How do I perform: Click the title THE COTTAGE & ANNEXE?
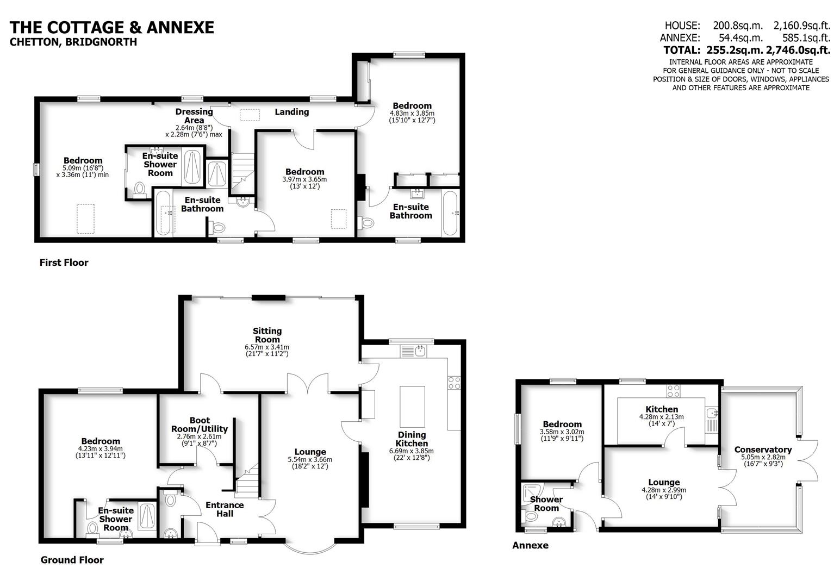[x=112, y=27]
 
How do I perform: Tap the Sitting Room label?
[x=267, y=335]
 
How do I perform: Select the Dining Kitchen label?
[x=412, y=439]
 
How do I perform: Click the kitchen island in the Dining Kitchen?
[x=411, y=407]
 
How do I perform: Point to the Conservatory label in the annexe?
[x=763, y=449]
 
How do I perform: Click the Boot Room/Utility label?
[x=200, y=424]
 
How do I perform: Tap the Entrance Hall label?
[x=225, y=509]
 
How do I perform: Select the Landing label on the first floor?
[x=291, y=112]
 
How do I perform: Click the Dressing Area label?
[x=194, y=116]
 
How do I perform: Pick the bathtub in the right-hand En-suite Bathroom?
[x=450, y=213]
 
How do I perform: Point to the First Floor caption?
[x=64, y=263]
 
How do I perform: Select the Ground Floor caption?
[x=72, y=560]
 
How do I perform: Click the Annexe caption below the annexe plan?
[x=530, y=545]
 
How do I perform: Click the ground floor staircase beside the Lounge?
[x=247, y=481]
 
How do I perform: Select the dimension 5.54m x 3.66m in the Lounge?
[x=310, y=459]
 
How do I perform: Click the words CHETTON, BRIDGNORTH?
[x=73, y=42]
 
